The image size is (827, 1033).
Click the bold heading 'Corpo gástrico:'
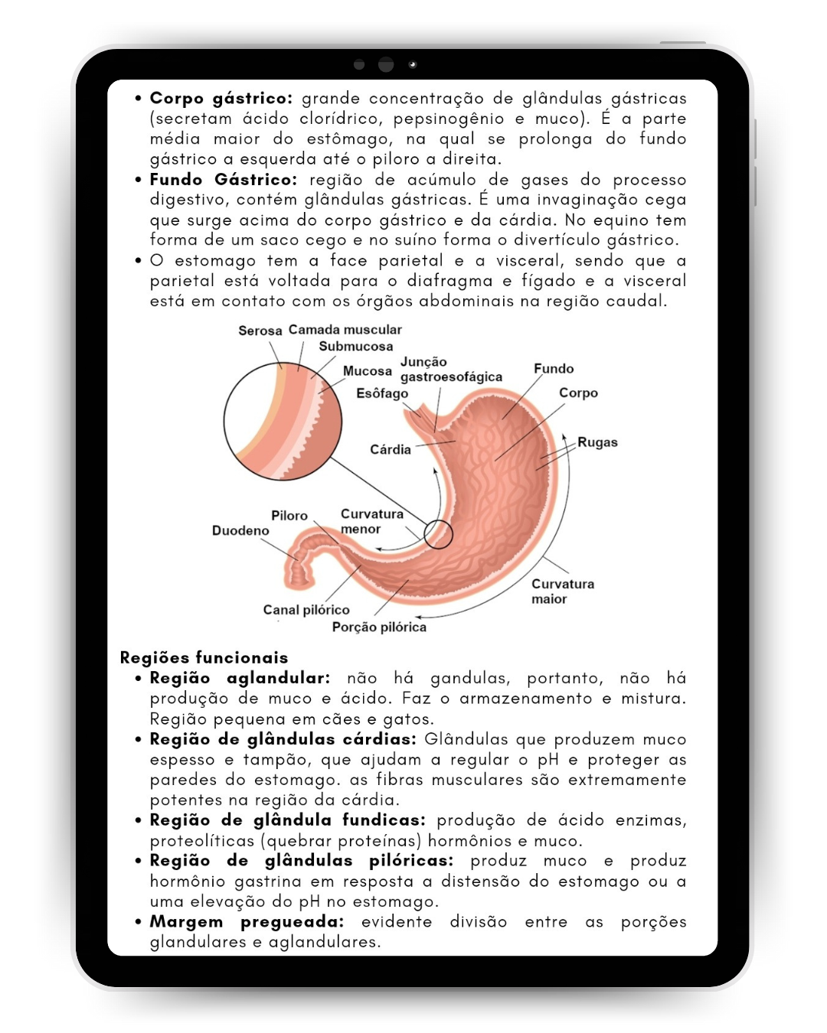tap(221, 99)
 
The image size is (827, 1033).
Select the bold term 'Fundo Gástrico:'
tap(223, 180)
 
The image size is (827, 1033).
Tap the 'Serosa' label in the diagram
tap(260, 331)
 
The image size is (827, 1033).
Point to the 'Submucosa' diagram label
tap(356, 347)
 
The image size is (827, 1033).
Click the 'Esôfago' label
tap(382, 393)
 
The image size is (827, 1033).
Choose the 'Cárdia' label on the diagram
tap(391, 450)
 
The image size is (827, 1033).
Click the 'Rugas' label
tap(597, 442)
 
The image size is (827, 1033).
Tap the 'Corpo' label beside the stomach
tap(578, 393)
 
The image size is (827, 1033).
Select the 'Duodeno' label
tap(240, 531)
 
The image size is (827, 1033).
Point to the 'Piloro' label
tap(289, 516)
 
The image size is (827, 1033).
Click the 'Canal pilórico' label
tap(306, 610)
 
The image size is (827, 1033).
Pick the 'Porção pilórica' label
tap(379, 627)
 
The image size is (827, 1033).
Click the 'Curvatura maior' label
tap(562, 591)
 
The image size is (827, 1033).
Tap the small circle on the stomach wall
tap(438, 534)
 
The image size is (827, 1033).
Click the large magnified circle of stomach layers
tap(283, 421)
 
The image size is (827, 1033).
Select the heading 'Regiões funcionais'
tap(204, 658)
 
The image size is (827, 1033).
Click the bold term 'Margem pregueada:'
tap(247, 922)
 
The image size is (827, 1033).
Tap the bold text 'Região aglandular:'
tap(240, 678)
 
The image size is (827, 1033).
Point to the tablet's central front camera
tap(386, 65)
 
